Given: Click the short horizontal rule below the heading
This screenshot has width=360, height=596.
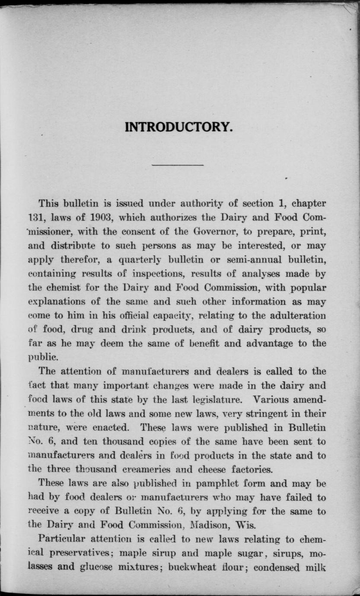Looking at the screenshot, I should click(178, 165).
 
